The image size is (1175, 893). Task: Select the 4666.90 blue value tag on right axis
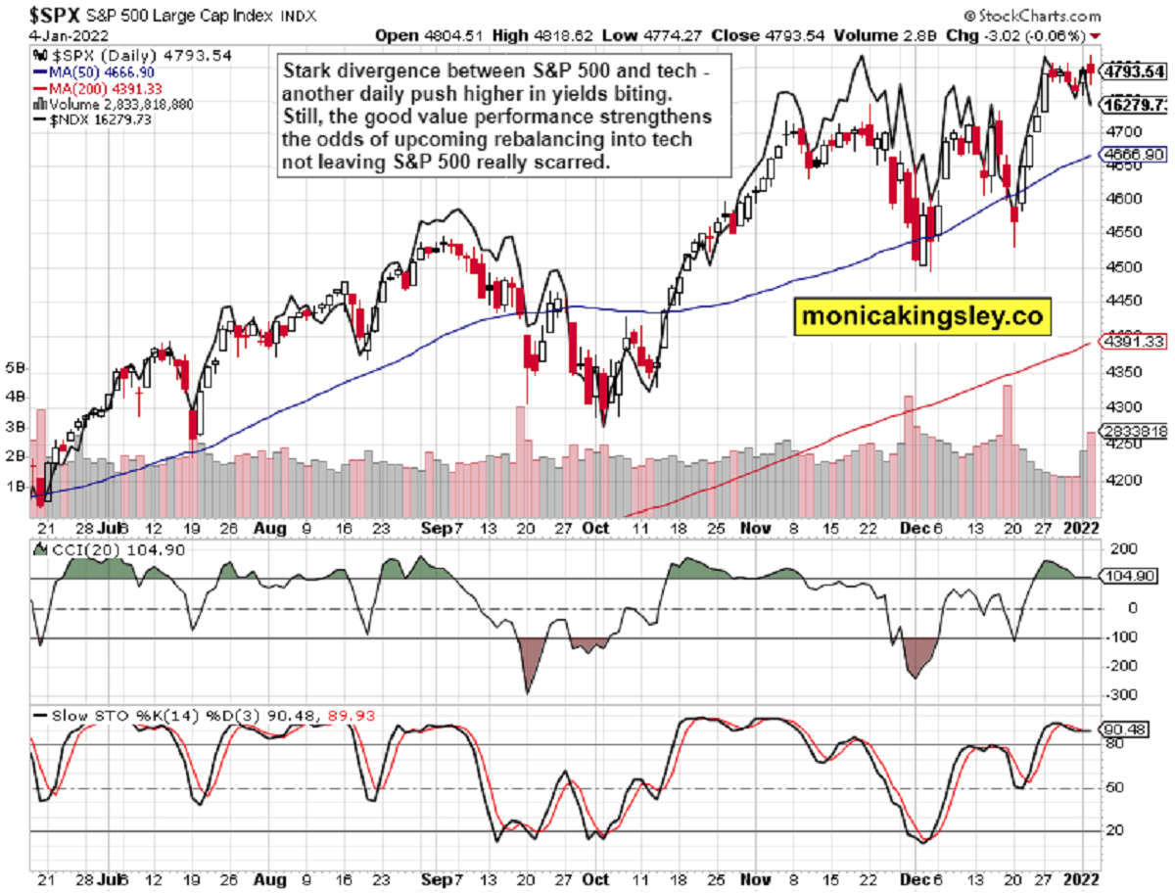[x=1134, y=155]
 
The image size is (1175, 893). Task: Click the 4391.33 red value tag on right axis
[x=1134, y=343]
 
